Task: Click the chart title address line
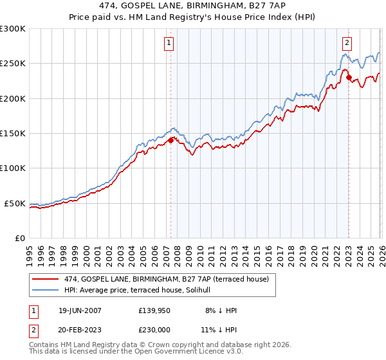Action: point(193,6)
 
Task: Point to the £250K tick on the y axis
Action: point(13,64)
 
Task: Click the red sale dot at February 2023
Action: point(349,78)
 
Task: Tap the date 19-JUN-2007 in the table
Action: point(80,310)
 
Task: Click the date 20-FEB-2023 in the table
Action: point(80,330)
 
